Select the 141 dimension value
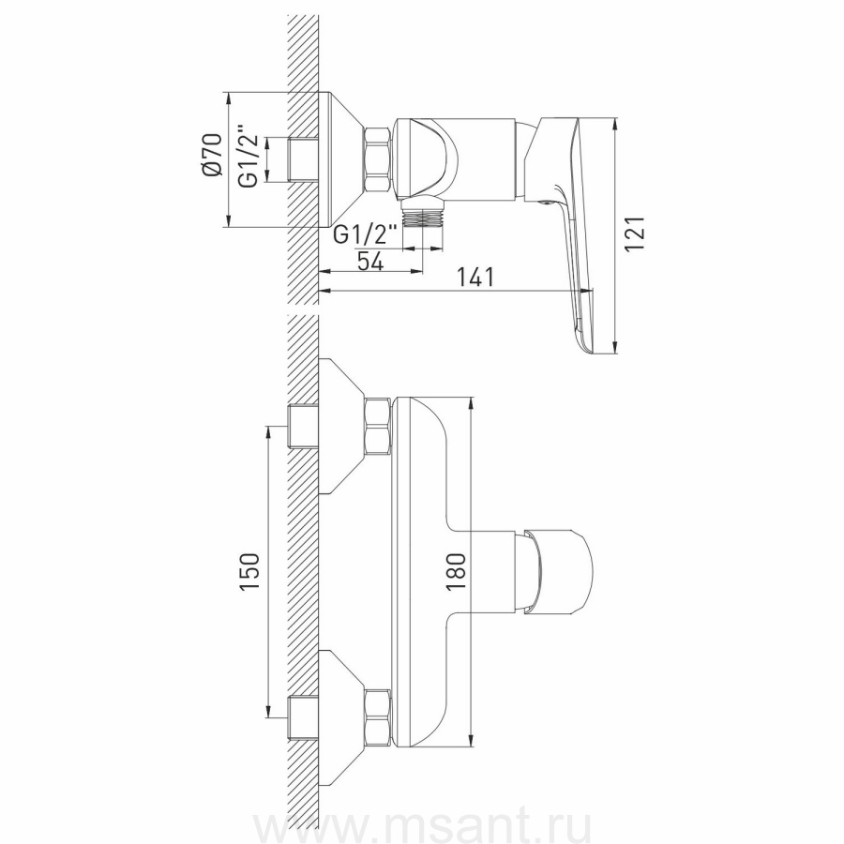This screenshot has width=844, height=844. (x=476, y=279)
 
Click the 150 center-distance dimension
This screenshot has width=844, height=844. (x=250, y=572)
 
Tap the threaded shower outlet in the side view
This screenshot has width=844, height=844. (x=423, y=217)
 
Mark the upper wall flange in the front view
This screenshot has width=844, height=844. (x=341, y=427)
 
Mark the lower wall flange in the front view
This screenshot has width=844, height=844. (x=341, y=716)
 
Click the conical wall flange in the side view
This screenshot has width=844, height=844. (x=341, y=158)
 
